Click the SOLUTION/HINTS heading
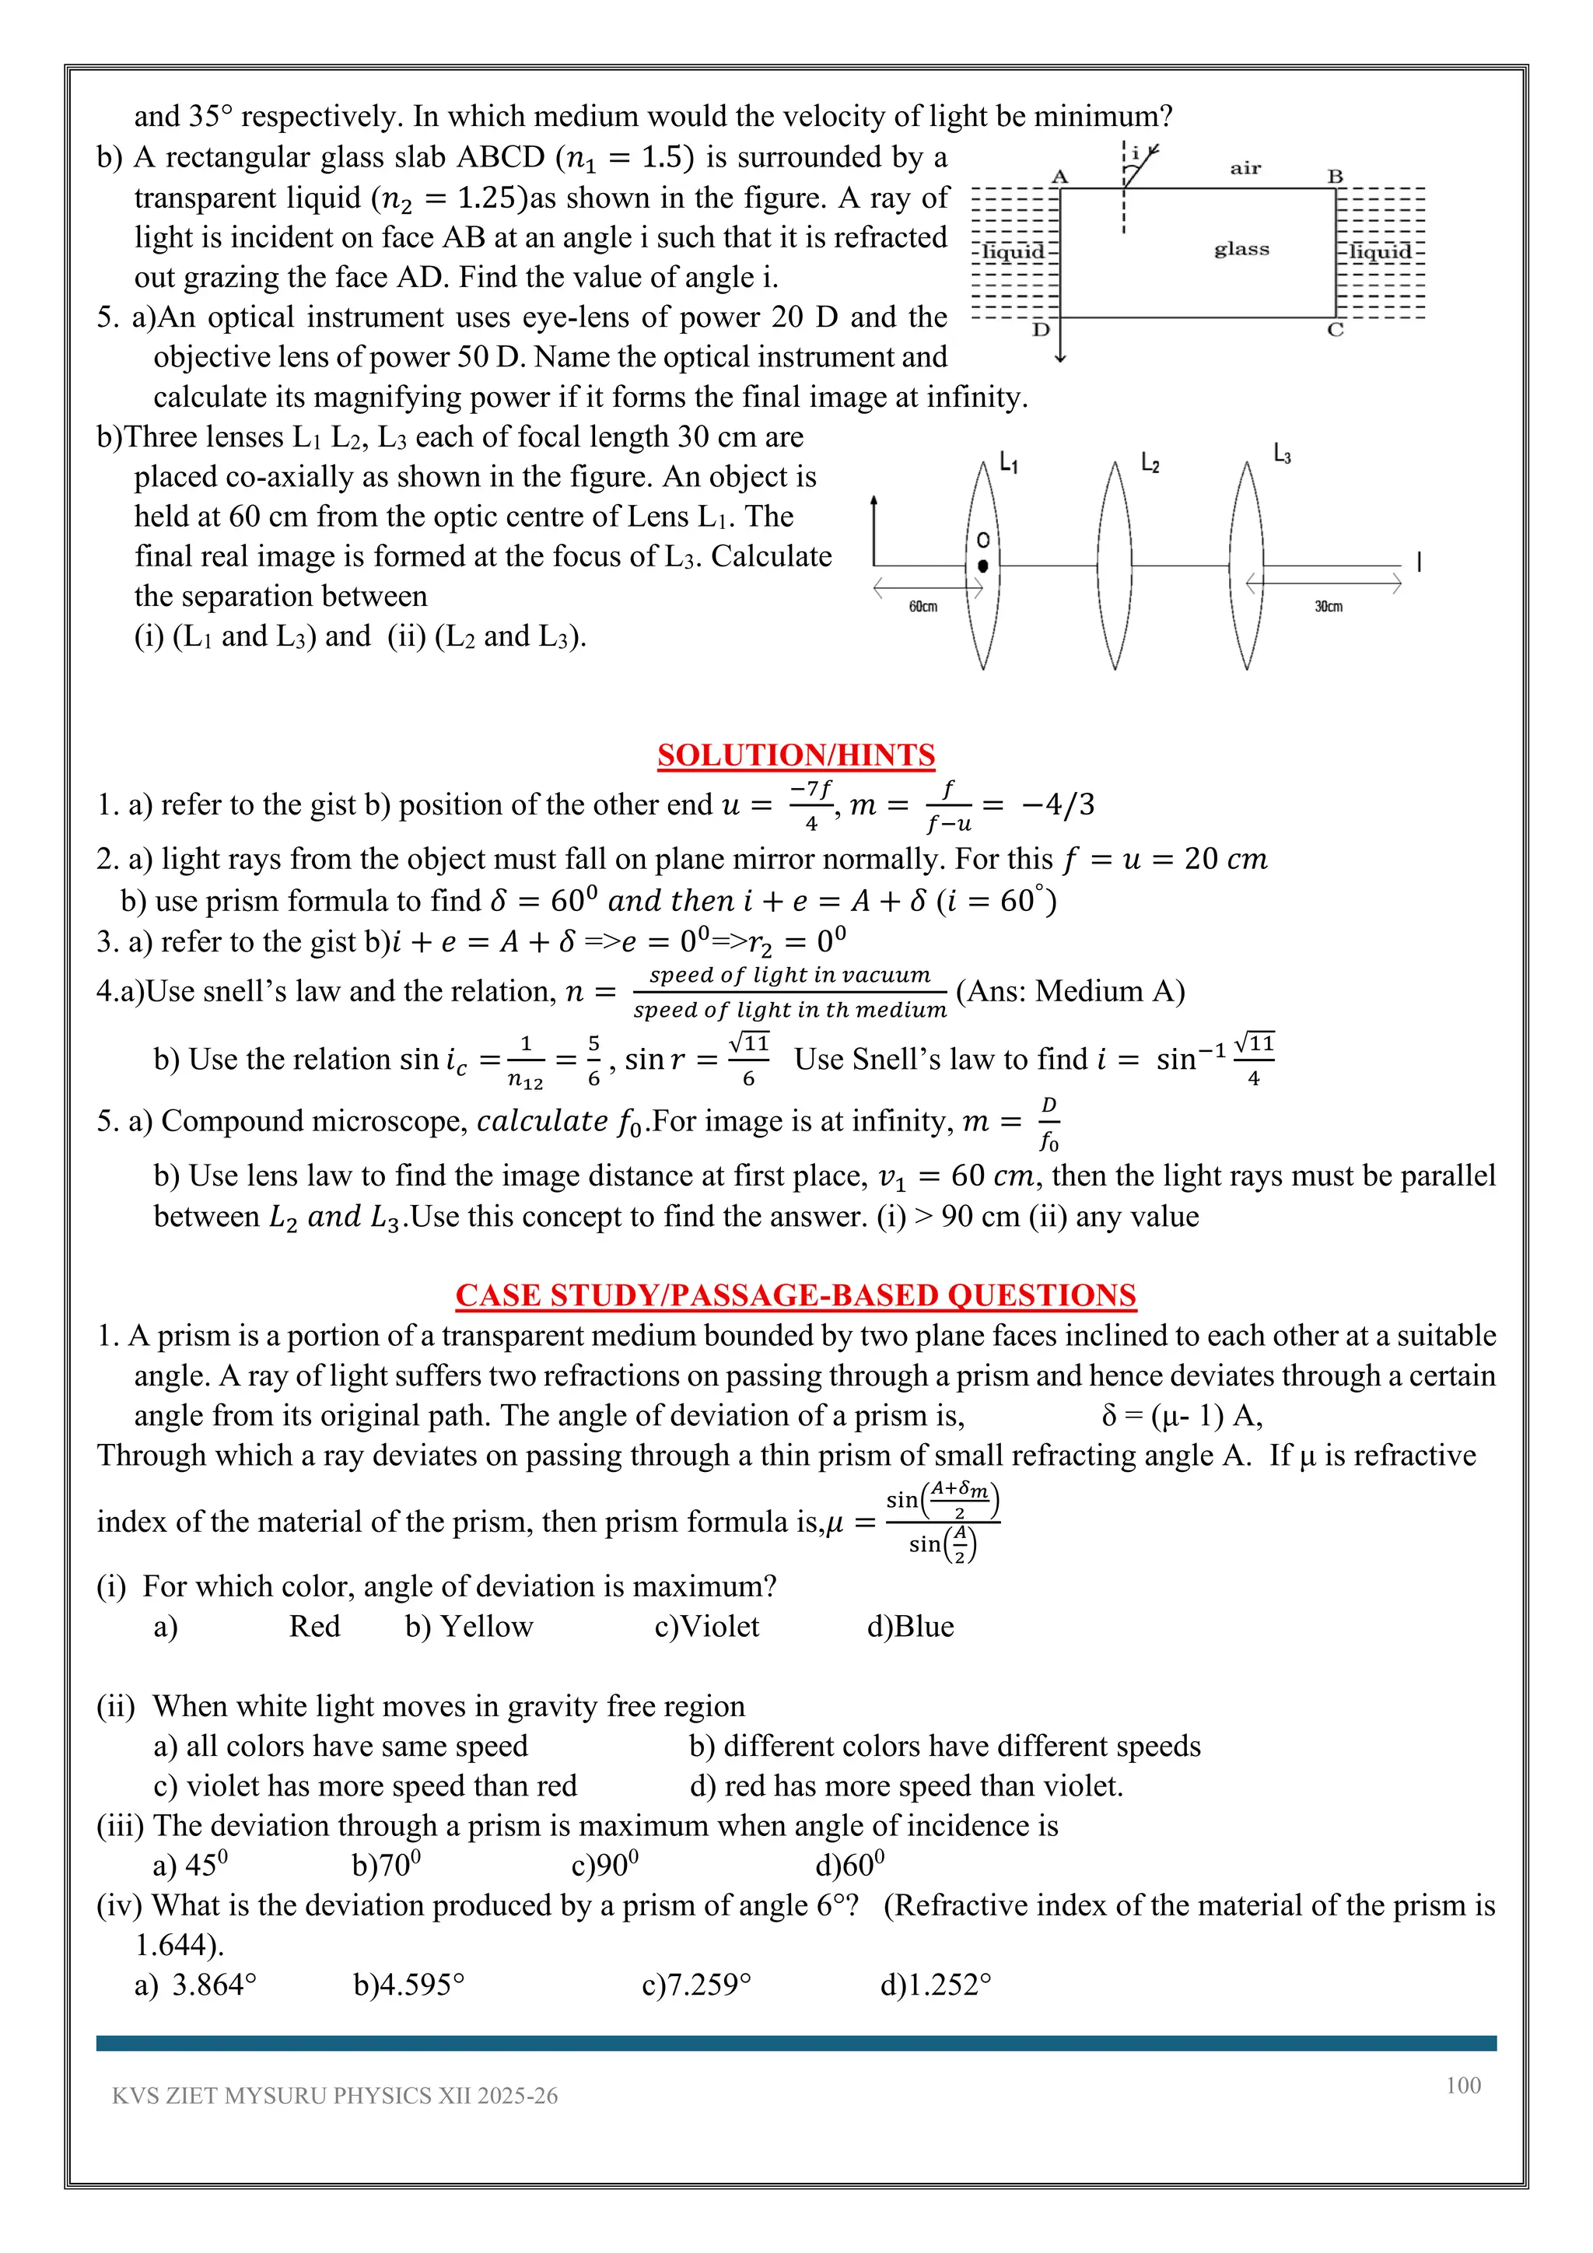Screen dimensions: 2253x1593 click(796, 755)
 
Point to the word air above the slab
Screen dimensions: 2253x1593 click(1245, 169)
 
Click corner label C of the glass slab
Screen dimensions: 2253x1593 click(1335, 331)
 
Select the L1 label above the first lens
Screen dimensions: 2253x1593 click(1008, 462)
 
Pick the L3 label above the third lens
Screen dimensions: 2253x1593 click(1282, 454)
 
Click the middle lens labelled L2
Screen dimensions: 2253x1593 click(1115, 566)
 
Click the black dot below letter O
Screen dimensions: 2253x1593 click(983, 566)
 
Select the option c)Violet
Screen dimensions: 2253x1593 click(706, 1626)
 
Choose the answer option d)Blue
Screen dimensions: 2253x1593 click(909, 1626)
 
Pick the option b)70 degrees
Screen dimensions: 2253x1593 click(386, 1865)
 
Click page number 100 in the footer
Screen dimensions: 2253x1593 click(1462, 2085)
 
